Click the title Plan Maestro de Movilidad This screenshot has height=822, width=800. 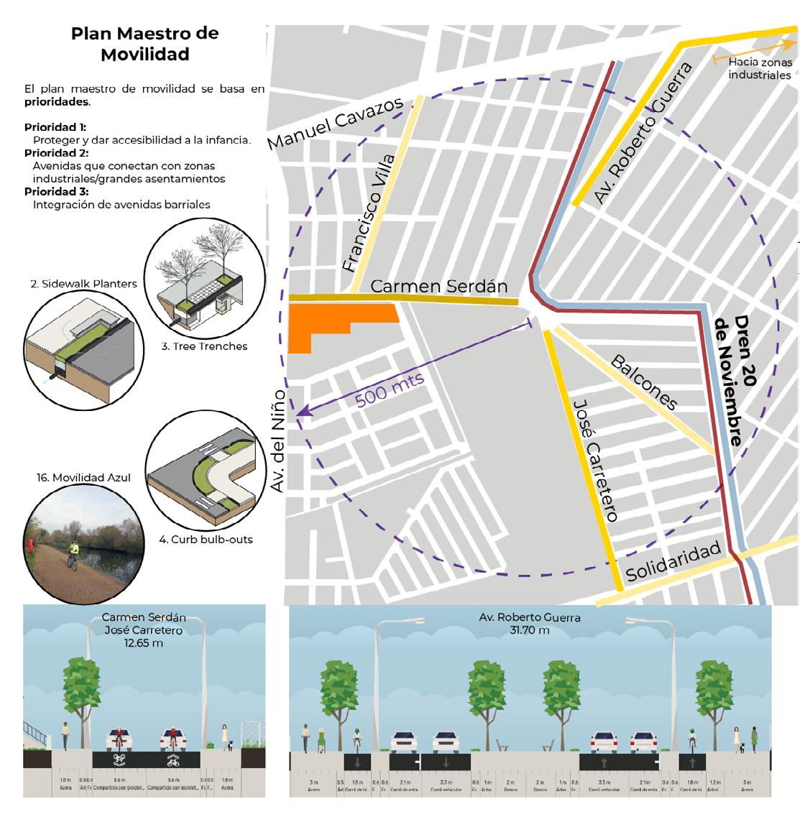(x=144, y=44)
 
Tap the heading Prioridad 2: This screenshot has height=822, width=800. (x=56, y=153)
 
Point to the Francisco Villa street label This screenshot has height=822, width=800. (x=369, y=213)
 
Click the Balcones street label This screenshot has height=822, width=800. (x=644, y=382)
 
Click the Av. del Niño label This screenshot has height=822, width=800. (x=277, y=441)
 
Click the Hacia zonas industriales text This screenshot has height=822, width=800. (x=759, y=69)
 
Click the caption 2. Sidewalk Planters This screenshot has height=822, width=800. (x=83, y=284)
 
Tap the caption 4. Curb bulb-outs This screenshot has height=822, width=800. (x=206, y=539)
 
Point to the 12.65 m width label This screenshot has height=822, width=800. (x=144, y=643)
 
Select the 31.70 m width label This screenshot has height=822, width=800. (x=530, y=630)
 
